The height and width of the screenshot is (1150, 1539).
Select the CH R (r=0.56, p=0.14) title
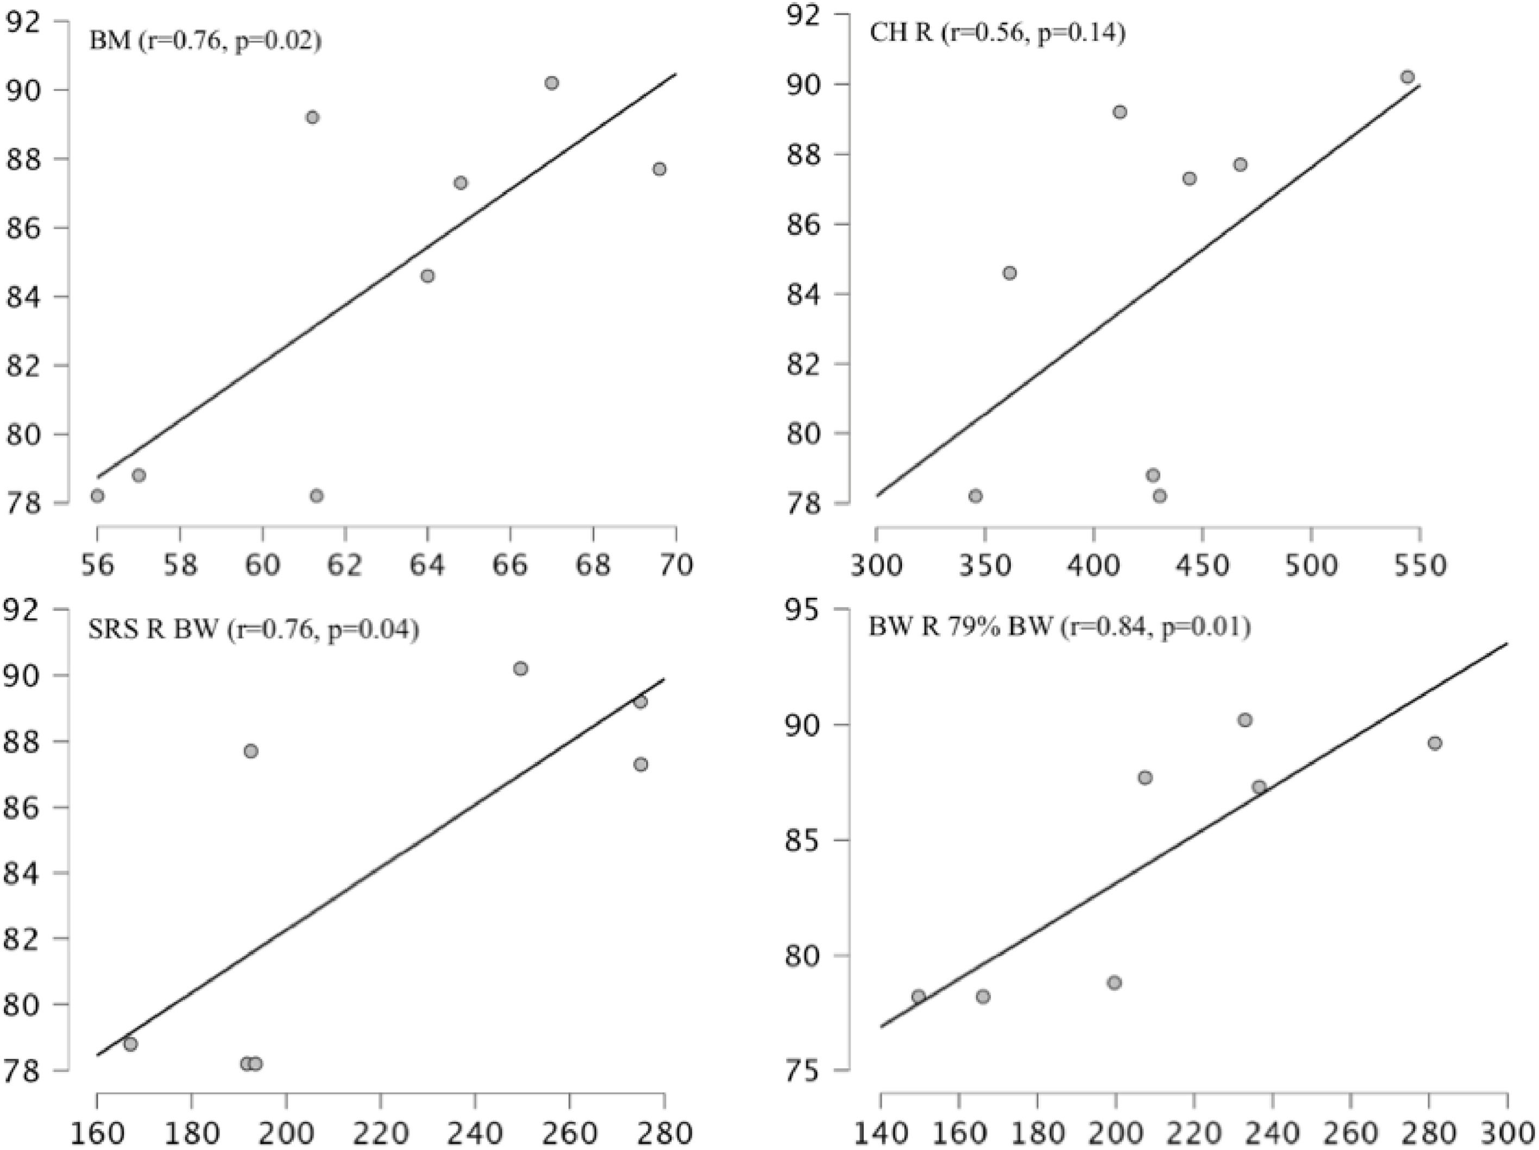997,33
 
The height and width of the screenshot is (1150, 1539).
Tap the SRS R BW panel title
254,630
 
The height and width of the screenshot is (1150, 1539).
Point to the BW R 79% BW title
1059,627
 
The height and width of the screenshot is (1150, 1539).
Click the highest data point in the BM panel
552,83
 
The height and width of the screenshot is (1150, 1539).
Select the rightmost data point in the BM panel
659,169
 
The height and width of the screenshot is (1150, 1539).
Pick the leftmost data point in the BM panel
97,495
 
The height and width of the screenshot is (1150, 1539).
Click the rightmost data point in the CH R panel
1408,77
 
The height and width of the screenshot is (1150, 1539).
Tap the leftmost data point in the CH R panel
976,495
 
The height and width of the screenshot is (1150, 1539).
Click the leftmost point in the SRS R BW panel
130,1044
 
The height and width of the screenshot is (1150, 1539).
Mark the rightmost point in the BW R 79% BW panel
1435,743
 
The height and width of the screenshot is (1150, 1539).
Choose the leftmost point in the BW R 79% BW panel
919,996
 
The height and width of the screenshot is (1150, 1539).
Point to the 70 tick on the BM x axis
676,565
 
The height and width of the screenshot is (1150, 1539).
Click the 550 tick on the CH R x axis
1419,565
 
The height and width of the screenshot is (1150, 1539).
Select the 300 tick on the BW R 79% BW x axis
1507,1133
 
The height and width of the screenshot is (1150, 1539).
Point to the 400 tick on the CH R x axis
1094,565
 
